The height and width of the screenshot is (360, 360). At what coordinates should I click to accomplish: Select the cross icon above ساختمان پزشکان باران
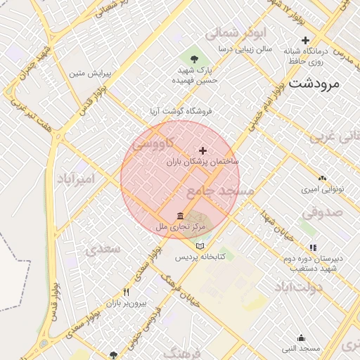[203, 150]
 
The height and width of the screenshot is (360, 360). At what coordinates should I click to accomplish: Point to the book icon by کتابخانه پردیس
[201, 246]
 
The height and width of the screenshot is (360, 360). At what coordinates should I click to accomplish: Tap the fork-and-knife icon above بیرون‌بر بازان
[127, 292]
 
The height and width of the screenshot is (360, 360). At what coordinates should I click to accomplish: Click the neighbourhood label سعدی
[103, 249]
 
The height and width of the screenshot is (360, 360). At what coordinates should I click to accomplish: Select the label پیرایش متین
[86, 72]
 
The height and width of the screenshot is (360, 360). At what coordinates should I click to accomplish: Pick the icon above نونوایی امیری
[322, 179]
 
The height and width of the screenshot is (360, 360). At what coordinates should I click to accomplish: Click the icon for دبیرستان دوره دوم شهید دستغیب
[313, 247]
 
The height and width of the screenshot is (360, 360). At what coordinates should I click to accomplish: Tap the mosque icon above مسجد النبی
[301, 338]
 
